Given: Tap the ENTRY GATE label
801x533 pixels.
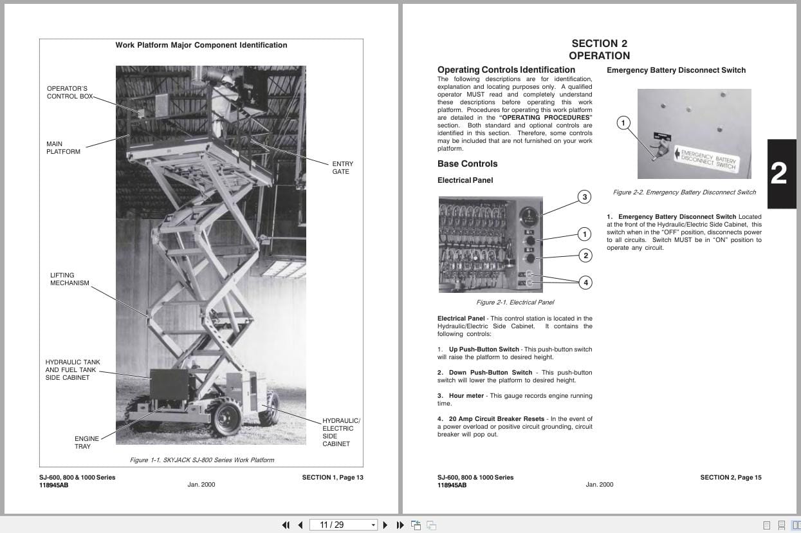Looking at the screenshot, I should point(342,168).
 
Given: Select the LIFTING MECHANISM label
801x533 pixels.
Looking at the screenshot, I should point(69,279).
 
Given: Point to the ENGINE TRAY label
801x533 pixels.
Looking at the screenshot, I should point(82,442).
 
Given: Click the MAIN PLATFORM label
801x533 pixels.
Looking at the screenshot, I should point(63,148).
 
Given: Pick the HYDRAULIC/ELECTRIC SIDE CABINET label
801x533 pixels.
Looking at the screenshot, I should point(340,432).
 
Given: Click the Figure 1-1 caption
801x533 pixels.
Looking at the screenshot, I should point(201,460).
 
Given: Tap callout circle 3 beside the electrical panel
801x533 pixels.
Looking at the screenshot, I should point(584,197).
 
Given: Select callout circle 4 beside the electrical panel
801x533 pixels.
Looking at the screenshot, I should point(585,282).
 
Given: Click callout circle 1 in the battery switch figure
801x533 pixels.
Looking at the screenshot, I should point(623,123).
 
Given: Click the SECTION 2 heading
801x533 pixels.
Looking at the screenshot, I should point(599,44).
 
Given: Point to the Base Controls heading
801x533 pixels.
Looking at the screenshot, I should point(467,164).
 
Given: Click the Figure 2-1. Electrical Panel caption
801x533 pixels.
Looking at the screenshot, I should point(515,303).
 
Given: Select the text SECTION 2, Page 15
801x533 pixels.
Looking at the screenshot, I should point(730,478).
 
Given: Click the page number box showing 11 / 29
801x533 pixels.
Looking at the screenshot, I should point(343,525).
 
